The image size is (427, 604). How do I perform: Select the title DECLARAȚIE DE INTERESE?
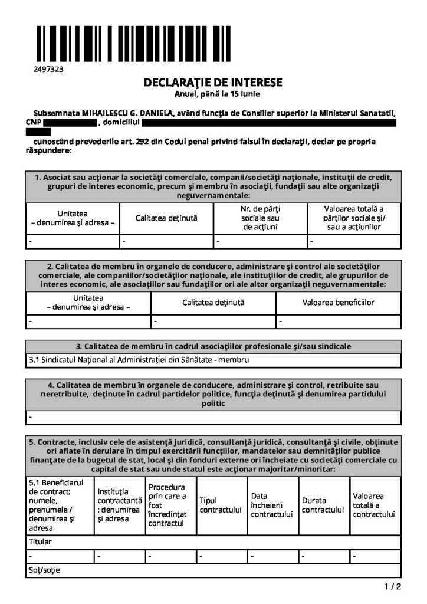(x=213, y=83)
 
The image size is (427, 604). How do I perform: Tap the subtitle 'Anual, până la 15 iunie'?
(x=213, y=93)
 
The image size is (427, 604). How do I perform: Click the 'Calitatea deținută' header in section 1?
(x=166, y=218)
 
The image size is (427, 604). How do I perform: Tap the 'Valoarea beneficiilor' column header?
(x=338, y=303)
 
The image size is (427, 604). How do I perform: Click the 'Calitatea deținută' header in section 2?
(x=213, y=303)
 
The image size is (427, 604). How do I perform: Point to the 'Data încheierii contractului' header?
(x=271, y=505)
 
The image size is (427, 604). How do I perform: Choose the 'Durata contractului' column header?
(x=322, y=505)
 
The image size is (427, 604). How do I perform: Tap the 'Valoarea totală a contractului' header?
(x=373, y=505)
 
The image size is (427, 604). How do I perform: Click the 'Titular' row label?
(x=40, y=541)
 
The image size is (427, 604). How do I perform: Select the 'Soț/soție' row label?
(x=44, y=570)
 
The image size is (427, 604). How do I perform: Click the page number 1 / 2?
(x=392, y=586)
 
